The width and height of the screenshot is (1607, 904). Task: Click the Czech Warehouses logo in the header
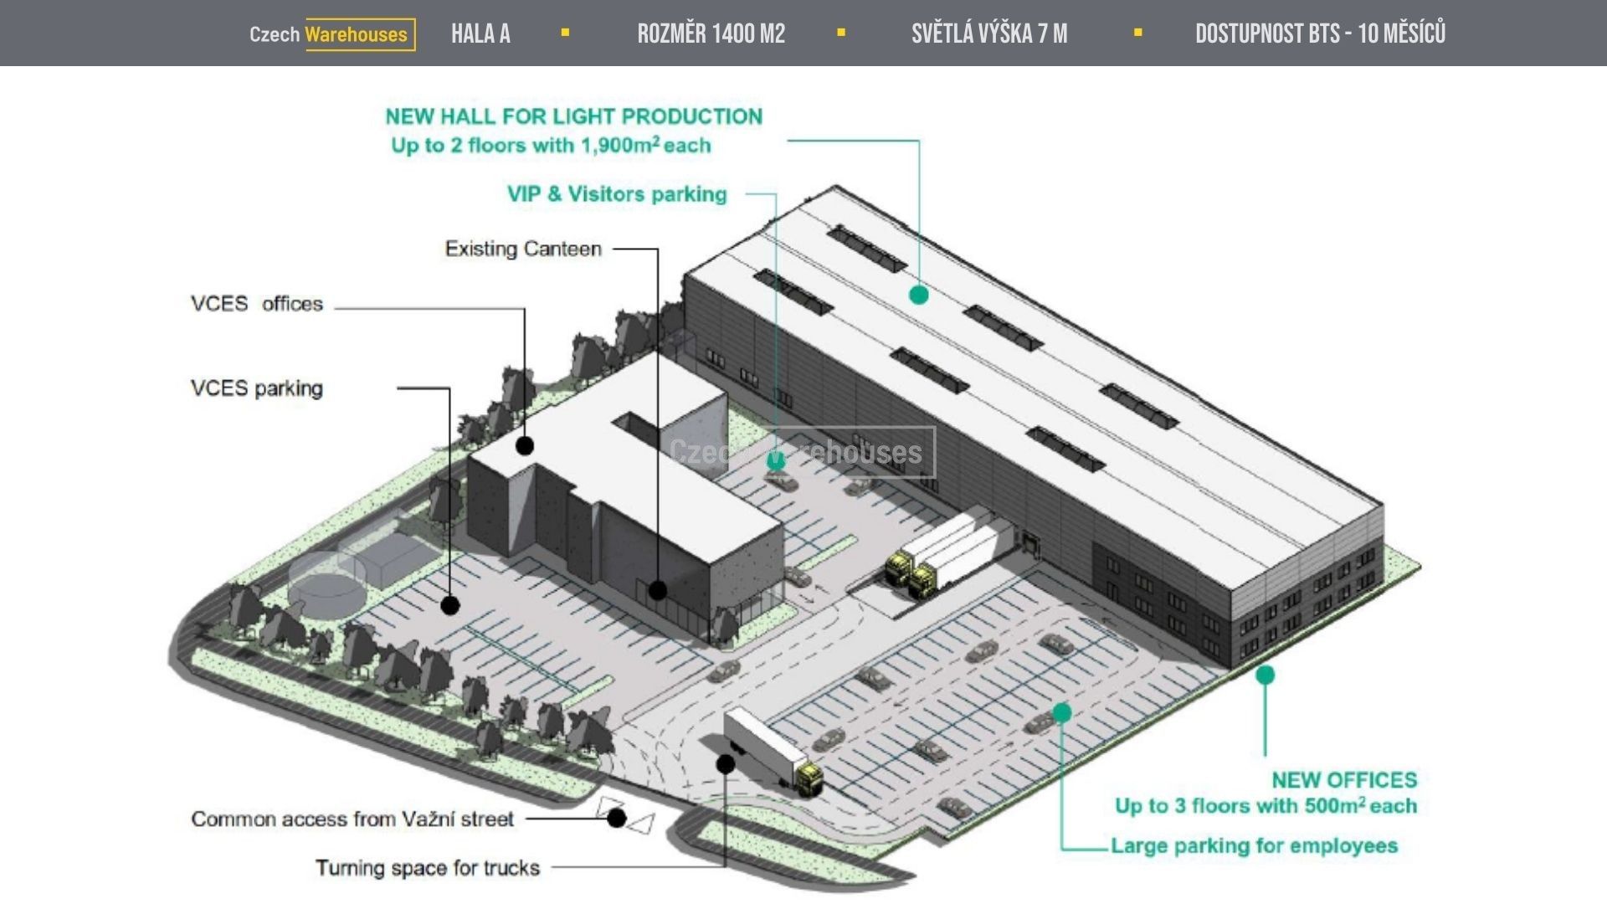[x=331, y=34]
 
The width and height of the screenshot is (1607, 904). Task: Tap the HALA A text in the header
[x=480, y=34]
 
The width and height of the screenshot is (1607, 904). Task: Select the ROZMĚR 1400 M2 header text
[x=711, y=34]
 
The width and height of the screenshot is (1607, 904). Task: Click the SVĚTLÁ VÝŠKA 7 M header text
[x=988, y=34]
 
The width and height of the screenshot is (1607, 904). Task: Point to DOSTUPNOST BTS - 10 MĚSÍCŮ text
[x=1320, y=34]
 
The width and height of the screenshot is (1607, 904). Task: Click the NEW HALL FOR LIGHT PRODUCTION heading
[x=573, y=116]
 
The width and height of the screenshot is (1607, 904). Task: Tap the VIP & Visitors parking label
[x=617, y=194]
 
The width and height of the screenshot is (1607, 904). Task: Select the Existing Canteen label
[x=523, y=249]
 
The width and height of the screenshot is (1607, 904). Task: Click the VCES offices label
[x=256, y=304]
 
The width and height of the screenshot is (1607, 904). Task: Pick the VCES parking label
[x=256, y=388]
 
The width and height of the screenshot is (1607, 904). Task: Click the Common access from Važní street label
[x=352, y=819]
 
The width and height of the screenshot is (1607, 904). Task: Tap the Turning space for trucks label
[x=427, y=868]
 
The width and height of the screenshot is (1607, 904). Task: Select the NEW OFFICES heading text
[x=1344, y=780]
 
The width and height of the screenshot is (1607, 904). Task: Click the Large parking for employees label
[x=1254, y=845]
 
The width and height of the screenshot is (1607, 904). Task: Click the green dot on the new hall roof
[x=919, y=295]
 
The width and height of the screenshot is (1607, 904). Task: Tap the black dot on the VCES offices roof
[x=525, y=445]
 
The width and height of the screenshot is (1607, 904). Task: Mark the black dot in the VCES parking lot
[x=450, y=604]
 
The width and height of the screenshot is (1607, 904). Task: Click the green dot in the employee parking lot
[x=1062, y=712]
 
